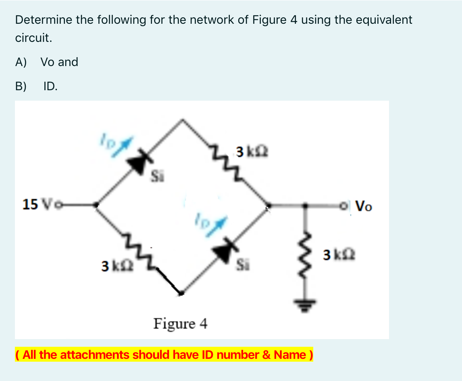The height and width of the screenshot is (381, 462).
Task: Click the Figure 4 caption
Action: pyautogui.click(x=180, y=323)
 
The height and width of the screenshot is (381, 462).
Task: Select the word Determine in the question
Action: pyautogui.click(x=43, y=20)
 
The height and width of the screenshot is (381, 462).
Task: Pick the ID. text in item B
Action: pyautogui.click(x=50, y=86)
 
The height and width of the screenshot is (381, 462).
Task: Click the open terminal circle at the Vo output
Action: pyautogui.click(x=343, y=206)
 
